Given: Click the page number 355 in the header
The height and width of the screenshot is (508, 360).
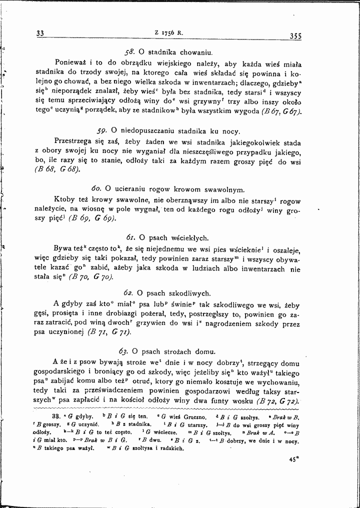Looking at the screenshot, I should (295, 35).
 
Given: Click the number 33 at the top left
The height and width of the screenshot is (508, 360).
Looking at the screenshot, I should (41, 34).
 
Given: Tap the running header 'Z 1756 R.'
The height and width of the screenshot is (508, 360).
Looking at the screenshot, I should (169, 33).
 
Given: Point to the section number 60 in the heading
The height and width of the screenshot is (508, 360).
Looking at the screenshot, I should (97, 189).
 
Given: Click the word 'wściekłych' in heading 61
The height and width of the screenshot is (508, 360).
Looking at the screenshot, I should (189, 237).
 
